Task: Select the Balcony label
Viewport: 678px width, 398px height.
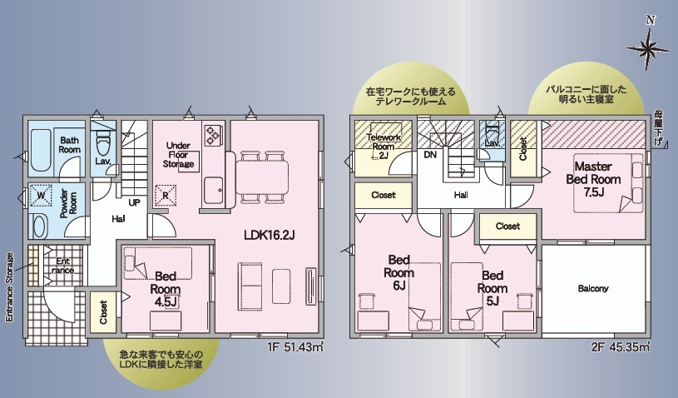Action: [x=593, y=289]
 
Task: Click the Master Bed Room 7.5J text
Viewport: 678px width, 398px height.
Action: [x=593, y=179]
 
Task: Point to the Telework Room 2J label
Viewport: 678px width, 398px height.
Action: [x=384, y=147]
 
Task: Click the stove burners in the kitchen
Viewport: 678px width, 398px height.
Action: [x=213, y=134]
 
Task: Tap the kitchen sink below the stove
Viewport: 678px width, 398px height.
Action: [x=213, y=190]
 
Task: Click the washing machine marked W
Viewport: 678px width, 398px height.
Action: [x=41, y=195]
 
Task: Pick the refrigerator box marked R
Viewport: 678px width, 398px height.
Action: [x=166, y=195]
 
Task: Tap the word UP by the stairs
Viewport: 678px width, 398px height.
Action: [x=134, y=202]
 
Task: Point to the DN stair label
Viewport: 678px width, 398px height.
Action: [x=430, y=154]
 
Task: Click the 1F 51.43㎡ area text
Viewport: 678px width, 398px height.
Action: [x=295, y=347]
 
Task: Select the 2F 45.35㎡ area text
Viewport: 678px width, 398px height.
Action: [x=621, y=347]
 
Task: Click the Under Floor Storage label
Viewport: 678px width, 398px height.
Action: [x=178, y=155]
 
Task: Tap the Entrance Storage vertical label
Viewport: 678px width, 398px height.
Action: [x=9, y=287]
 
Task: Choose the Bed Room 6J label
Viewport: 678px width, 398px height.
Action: [x=398, y=272]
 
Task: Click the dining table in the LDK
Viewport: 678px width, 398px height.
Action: [x=262, y=177]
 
